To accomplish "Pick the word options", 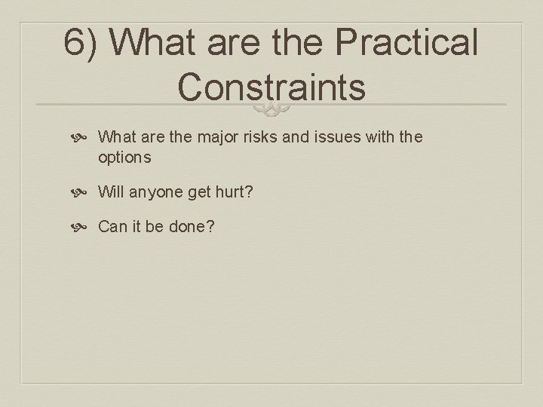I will coord(124,158).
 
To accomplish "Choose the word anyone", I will coord(156,192).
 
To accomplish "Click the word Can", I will coord(113,227).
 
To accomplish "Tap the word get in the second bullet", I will coord(199,192).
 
